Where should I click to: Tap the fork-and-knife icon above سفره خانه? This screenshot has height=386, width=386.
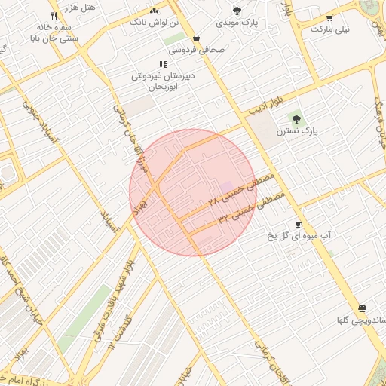[54, 16]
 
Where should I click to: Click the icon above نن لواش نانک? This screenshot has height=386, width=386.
[155, 11]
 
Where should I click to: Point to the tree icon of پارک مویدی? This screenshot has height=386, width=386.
[237, 11]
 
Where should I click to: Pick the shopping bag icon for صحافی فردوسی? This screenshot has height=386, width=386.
[197, 38]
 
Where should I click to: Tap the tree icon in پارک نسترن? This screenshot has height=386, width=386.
[296, 118]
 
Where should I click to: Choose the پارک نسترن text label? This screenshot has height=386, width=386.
[297, 130]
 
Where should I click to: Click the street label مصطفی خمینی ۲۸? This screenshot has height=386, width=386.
[242, 191]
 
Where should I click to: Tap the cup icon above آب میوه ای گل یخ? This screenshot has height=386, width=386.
[299, 225]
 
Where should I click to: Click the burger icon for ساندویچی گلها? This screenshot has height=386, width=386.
[363, 308]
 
